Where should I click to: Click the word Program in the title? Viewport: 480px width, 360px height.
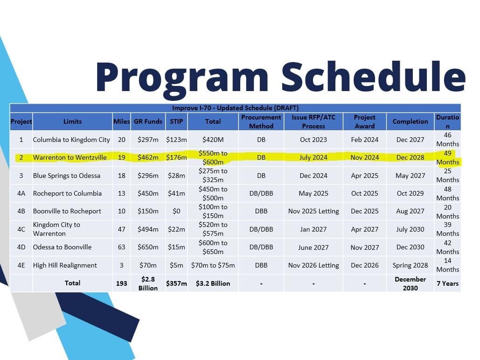tap(182, 77)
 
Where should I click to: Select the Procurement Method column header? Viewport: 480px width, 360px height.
tap(261, 121)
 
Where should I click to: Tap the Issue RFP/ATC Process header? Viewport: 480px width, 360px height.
tap(313, 121)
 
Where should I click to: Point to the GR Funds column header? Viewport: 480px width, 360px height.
tap(148, 121)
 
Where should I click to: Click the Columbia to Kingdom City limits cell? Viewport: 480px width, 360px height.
tap(71, 140)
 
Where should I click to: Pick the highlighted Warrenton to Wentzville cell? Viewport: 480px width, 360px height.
tap(70, 157)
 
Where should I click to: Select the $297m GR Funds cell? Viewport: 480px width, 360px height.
tap(148, 140)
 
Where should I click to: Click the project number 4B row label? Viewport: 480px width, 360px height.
tap(21, 211)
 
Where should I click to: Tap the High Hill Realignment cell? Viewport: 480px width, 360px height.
tap(65, 265)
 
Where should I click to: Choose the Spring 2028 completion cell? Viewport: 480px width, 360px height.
tap(410, 265)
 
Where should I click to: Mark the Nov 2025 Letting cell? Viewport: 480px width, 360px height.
tap(313, 211)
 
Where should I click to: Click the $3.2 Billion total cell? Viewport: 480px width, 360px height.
tap(213, 283)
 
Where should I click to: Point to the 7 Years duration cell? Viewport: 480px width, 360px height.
tap(447, 283)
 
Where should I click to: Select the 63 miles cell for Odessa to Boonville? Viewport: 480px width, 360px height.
tap(122, 247)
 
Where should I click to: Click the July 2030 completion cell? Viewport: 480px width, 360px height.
tap(410, 229)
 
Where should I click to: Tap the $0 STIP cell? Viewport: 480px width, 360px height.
tap(176, 211)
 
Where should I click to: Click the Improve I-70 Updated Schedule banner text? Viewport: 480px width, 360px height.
tap(235, 108)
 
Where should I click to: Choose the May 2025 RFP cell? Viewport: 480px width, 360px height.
tap(313, 193)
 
